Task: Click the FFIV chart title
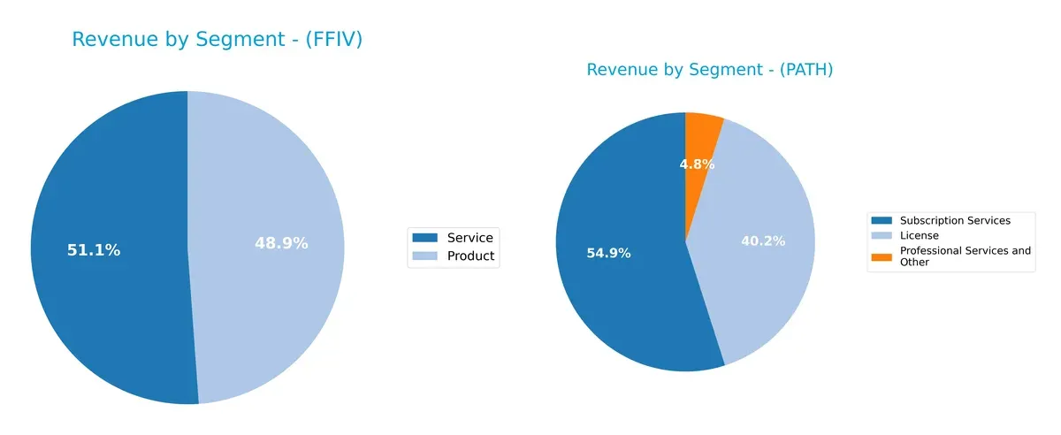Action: pyautogui.click(x=217, y=40)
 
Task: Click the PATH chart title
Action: pyautogui.click(x=709, y=70)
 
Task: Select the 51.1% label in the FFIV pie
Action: pyautogui.click(x=94, y=250)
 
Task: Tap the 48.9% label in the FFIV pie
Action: pyautogui.click(x=281, y=243)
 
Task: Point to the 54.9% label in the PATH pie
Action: pyautogui.click(x=608, y=254)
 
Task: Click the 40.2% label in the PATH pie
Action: pyautogui.click(x=762, y=240)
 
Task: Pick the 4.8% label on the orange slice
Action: pyautogui.click(x=697, y=164)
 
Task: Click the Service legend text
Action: pyautogui.click(x=469, y=237)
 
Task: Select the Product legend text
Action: pyautogui.click(x=470, y=256)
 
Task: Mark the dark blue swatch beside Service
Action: pyautogui.click(x=425, y=237)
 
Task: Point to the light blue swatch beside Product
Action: pyautogui.click(x=425, y=256)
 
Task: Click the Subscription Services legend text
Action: pyautogui.click(x=955, y=220)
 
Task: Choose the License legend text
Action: pyautogui.click(x=919, y=236)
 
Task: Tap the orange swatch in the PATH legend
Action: pyautogui.click(x=882, y=256)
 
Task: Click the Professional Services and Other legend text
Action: pyautogui.click(x=965, y=256)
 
